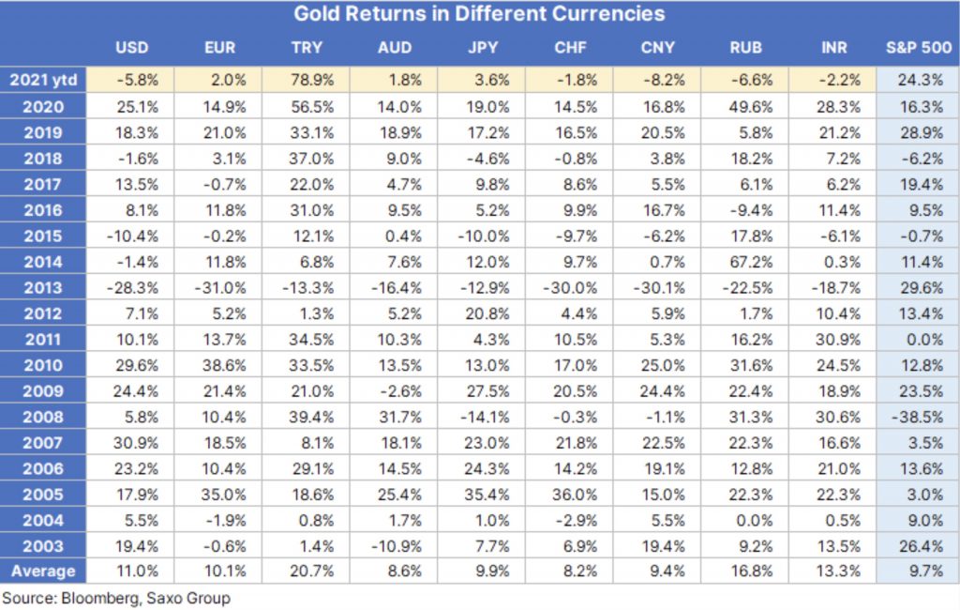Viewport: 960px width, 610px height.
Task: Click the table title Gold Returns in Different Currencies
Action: (x=479, y=14)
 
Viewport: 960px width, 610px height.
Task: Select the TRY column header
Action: (x=307, y=47)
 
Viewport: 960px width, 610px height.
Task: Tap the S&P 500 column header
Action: (x=918, y=47)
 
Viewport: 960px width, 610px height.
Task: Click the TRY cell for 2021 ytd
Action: (x=307, y=80)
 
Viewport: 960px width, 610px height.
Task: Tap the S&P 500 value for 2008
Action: (x=919, y=417)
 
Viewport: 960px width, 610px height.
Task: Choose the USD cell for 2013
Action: (x=131, y=288)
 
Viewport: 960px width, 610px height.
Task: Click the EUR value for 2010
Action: (x=219, y=365)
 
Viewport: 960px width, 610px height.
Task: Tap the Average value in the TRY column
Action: (x=307, y=570)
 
